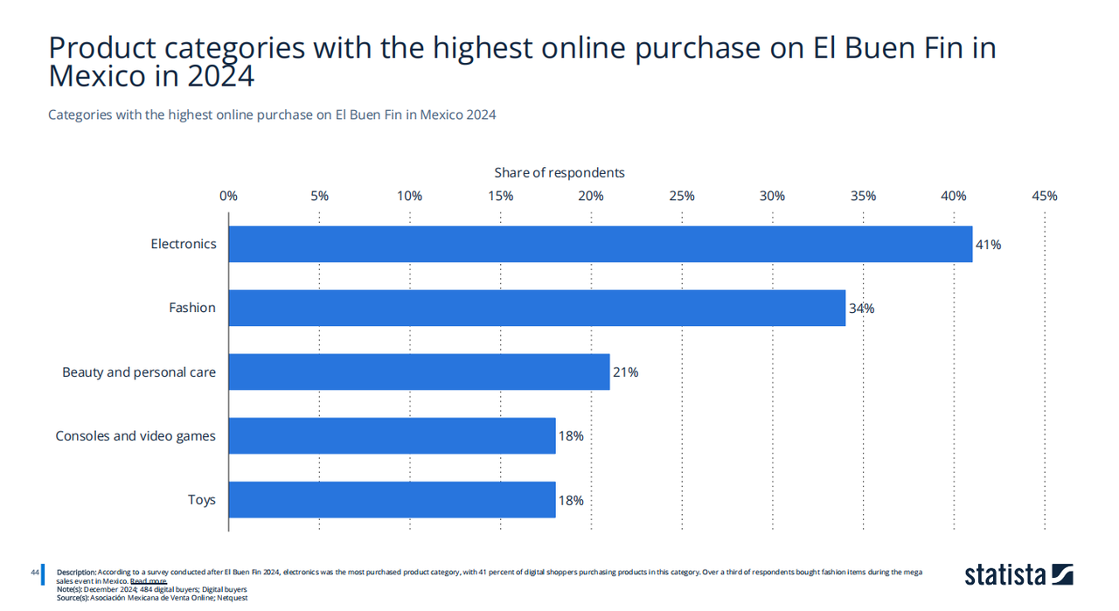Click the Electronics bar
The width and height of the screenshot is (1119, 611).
coord(600,244)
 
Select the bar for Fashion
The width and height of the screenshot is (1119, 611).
coord(537,308)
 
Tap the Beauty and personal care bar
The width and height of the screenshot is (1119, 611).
coord(419,371)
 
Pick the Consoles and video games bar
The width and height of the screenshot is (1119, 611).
coord(392,435)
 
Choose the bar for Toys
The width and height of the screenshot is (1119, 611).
coord(392,499)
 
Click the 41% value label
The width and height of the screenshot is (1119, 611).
coord(989,245)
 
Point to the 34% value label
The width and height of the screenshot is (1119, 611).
coord(861,309)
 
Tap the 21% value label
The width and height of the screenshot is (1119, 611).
coord(625,372)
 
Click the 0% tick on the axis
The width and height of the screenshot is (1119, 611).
coord(228,196)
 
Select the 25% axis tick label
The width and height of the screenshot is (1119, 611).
coord(682,196)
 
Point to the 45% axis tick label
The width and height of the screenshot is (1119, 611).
coord(1044,196)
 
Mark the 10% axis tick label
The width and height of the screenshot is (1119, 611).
coord(409,196)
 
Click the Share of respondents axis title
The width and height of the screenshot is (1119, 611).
coord(559,173)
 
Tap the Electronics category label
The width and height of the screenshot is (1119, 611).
coord(184,244)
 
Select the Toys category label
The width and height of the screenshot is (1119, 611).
coord(201,500)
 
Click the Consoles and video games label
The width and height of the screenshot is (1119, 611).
coord(136,436)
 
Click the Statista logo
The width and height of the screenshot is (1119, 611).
coord(1018,574)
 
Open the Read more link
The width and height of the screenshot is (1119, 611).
coord(148,581)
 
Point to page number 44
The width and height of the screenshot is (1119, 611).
coord(35,573)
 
